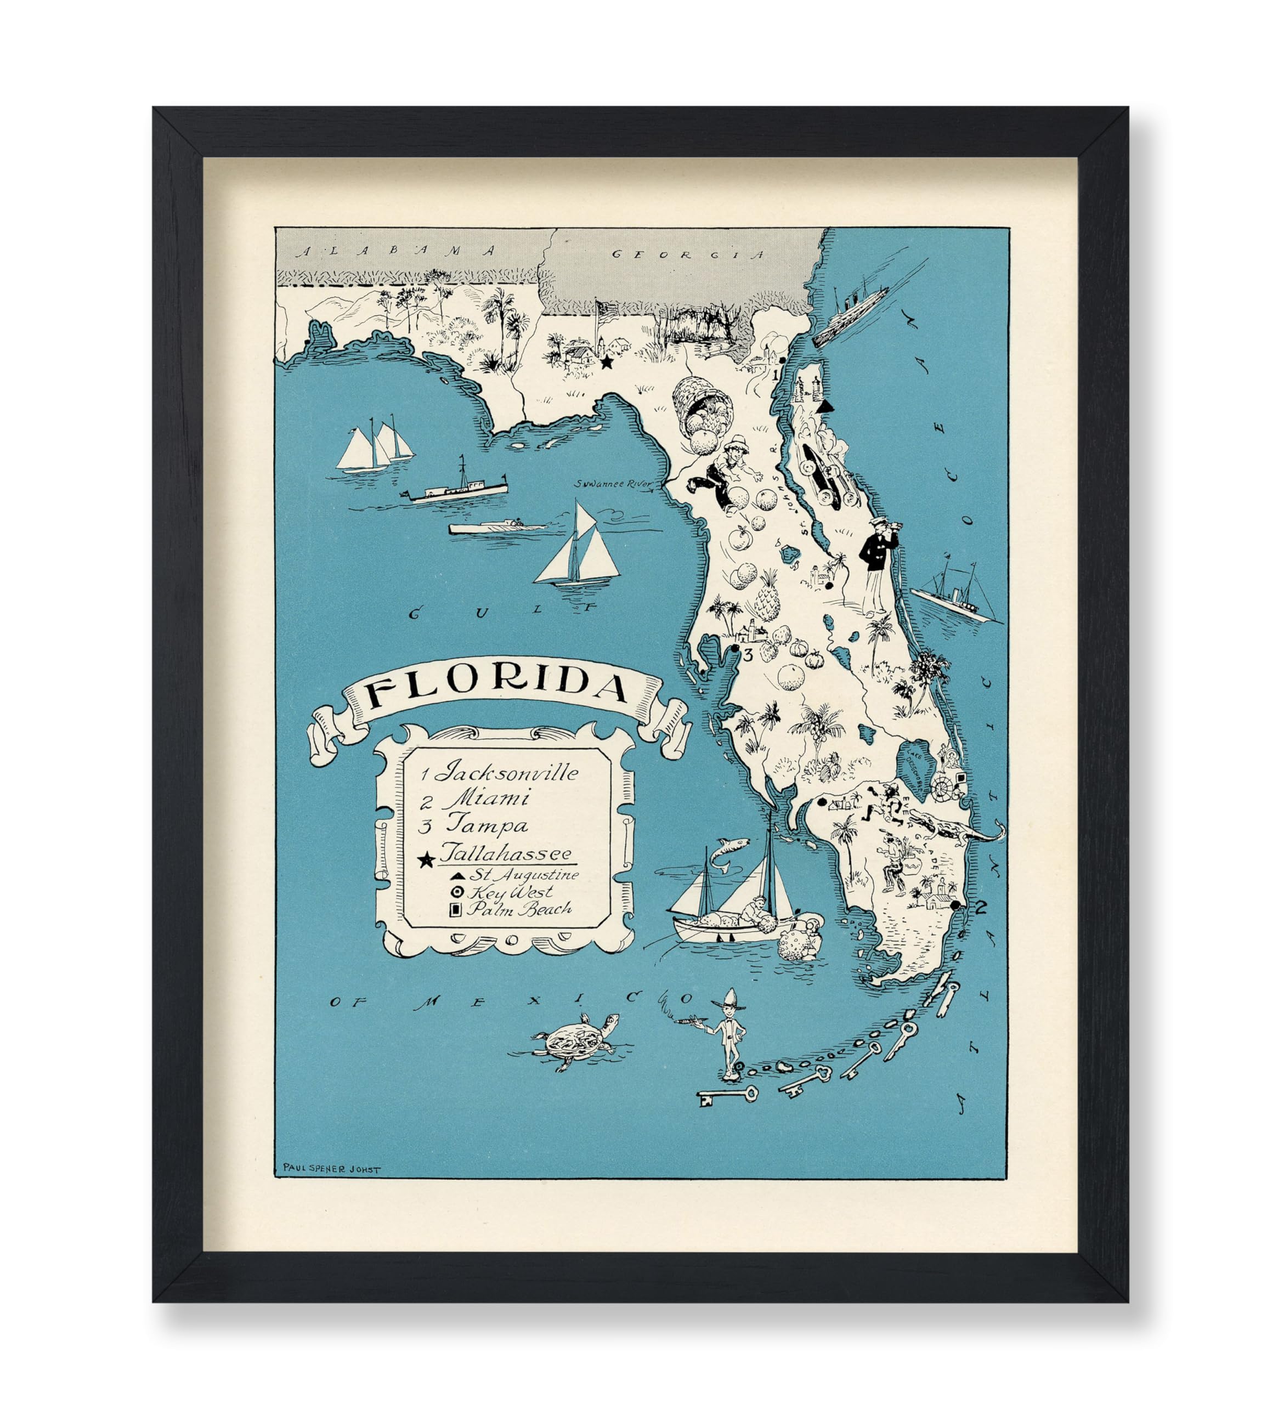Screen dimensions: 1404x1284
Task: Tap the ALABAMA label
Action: [x=396, y=251]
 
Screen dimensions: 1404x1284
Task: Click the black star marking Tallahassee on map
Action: [x=607, y=362]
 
